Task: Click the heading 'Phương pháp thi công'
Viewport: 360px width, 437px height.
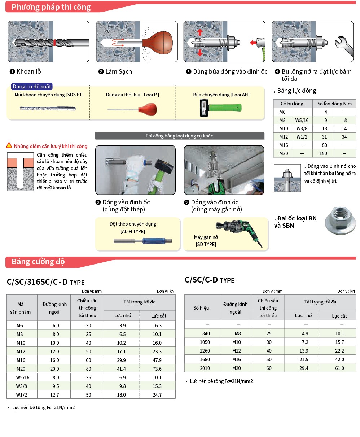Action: [x=51, y=7]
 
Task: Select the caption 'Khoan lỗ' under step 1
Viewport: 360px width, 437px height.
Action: [x=28, y=71]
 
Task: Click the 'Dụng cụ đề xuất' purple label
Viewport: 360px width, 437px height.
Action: [x=32, y=87]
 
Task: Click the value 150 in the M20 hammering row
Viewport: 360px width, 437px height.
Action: [x=323, y=153]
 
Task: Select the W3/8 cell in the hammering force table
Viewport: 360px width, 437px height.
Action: [x=302, y=128]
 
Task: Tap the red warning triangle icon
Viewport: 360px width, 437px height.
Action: [x=9, y=145]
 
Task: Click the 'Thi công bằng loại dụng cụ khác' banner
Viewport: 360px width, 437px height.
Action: [x=179, y=136]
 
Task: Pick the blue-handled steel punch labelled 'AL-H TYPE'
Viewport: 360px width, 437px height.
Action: [x=142, y=241]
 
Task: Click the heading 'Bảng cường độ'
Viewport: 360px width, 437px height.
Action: [x=38, y=262]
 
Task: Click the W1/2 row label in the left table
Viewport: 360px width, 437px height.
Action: [x=22, y=395]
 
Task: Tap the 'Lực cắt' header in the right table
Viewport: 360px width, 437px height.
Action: [x=339, y=316]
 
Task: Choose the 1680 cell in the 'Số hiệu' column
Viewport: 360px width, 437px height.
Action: [x=205, y=359]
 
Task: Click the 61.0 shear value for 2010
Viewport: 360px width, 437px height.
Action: [x=339, y=368]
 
